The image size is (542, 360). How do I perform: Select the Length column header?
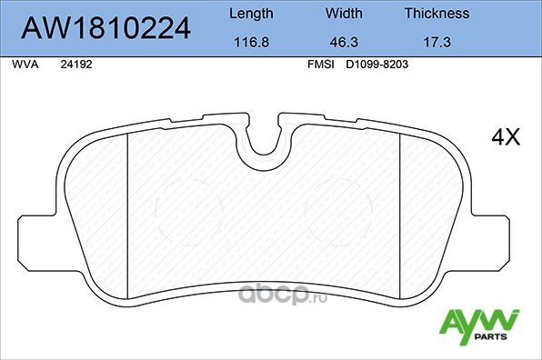pos(249,14)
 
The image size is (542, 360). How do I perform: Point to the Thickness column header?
pos(437,14)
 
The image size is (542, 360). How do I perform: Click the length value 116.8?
pos(249,42)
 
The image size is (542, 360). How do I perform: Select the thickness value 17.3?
pos(437,42)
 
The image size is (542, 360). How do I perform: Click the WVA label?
pos(22,65)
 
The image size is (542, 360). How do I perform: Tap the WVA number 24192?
pos(75,65)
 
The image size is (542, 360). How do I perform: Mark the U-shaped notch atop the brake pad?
pos(264,136)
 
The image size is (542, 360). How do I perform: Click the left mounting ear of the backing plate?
pos(34,246)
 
